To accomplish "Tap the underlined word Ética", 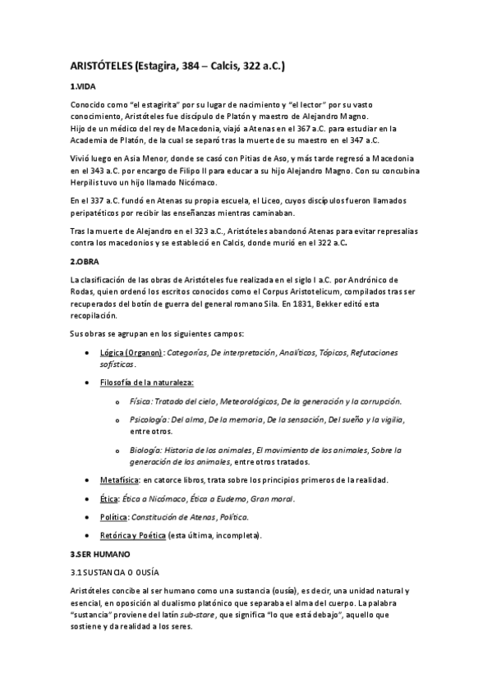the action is click(108, 499).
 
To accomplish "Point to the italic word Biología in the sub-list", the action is click(145, 450).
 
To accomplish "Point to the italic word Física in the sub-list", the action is click(140, 401).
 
